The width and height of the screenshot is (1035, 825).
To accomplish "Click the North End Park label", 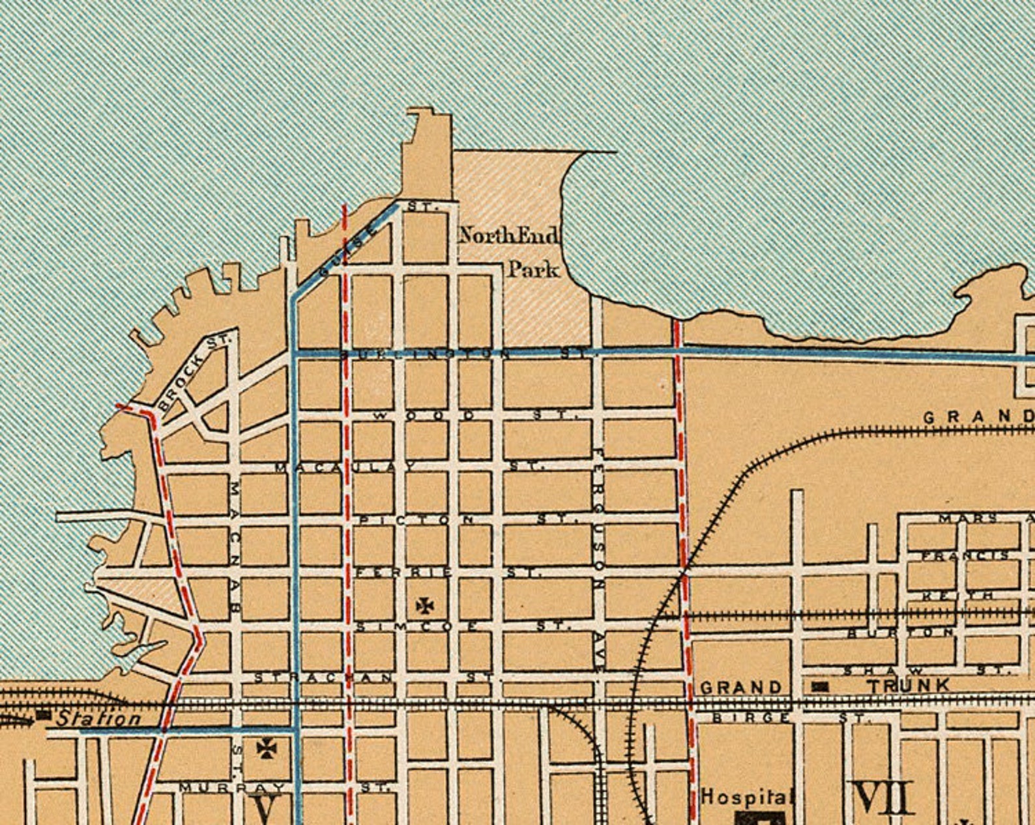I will pos(509,252).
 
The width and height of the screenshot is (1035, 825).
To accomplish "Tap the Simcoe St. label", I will pos(463,626).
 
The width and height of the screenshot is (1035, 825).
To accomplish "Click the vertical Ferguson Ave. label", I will pos(598,557).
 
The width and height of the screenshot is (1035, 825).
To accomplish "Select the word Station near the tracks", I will pos(98,719).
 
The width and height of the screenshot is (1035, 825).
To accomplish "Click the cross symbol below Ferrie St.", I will pos(425,606).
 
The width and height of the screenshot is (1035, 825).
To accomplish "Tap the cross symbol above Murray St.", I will pos(265,749).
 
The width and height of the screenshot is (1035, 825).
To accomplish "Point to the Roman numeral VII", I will pos(884,798).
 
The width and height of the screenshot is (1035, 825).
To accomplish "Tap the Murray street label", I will pos(232,787).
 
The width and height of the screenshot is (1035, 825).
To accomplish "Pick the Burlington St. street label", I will pos(463,354).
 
